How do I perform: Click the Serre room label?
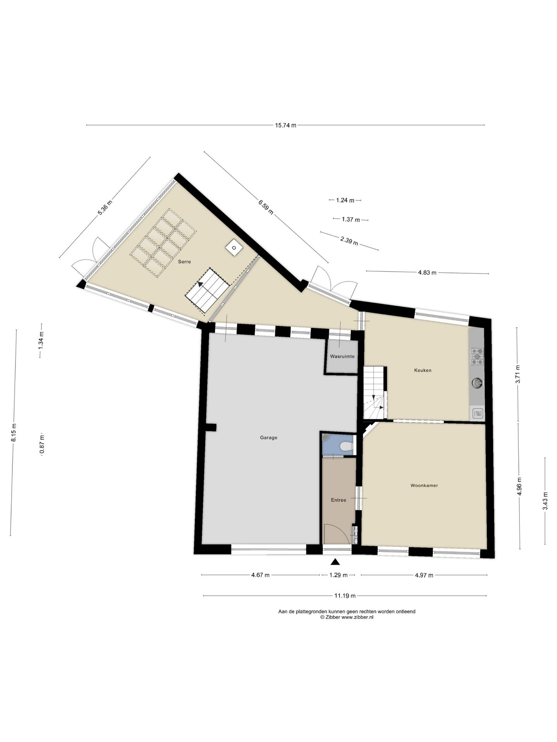[x=184, y=262]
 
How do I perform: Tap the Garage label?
[x=268, y=438]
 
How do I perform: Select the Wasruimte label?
[x=342, y=356]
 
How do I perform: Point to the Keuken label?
[x=422, y=370]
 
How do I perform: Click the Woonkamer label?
[x=424, y=485]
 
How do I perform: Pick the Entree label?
[x=338, y=500]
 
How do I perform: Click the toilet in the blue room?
[x=347, y=447]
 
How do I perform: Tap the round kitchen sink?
[x=477, y=383]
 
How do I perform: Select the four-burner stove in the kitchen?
[x=477, y=356]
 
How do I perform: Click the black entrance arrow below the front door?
[x=335, y=563]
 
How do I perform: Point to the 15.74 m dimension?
[x=285, y=125]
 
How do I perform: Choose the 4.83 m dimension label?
[x=427, y=272]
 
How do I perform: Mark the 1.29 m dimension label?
[x=338, y=575]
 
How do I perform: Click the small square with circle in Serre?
[x=234, y=248]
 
